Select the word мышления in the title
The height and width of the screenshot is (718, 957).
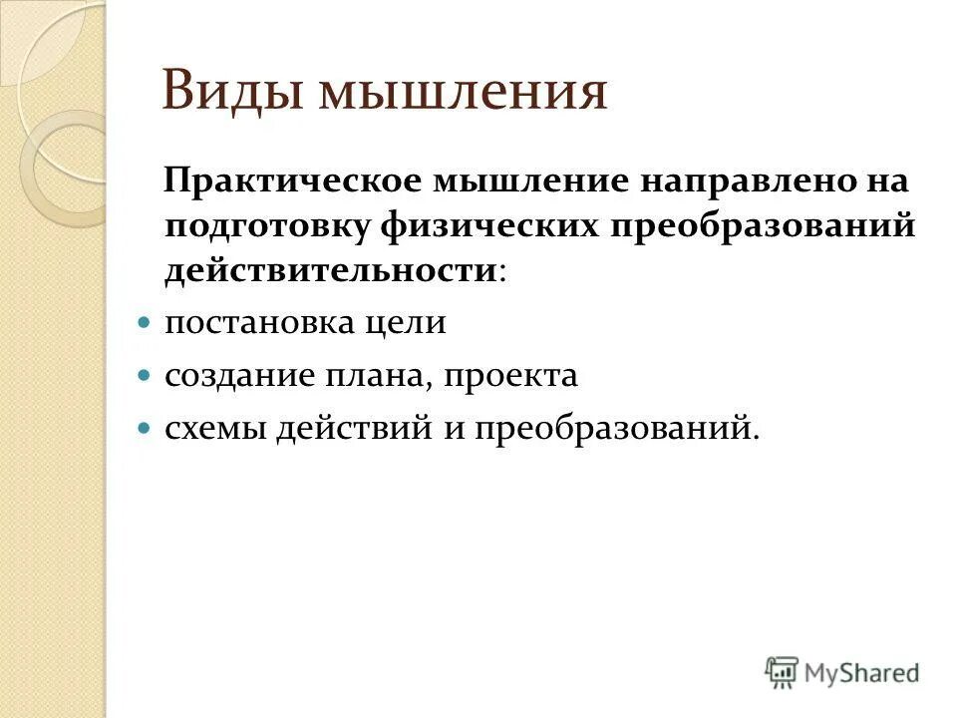461,93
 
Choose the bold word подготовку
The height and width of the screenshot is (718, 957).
261,226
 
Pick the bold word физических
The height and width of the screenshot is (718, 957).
470,226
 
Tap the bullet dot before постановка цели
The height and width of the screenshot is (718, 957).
143,324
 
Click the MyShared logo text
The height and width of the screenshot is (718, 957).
862,673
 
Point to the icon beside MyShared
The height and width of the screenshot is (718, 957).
783,672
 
